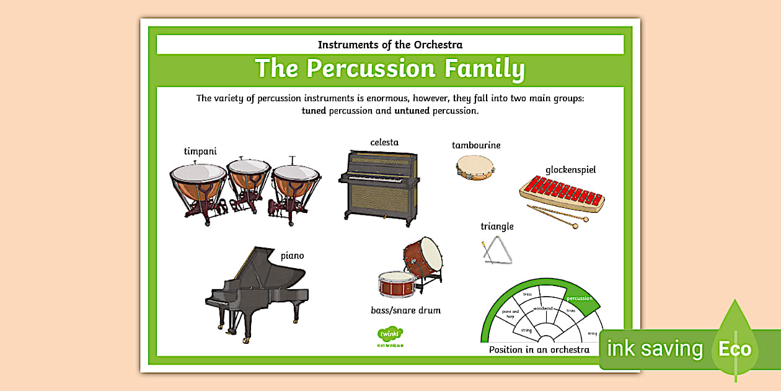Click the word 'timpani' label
(200, 151)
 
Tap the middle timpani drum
(248, 177)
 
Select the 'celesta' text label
(384, 142)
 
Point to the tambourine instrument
(475, 166)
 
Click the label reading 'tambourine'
(476, 145)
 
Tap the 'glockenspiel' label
(570, 169)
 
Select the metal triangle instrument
(498, 251)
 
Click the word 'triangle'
(497, 227)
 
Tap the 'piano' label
(292, 256)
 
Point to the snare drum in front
(397, 283)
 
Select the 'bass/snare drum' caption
(405, 310)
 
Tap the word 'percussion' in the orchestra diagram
(580, 298)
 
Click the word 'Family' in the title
(479, 68)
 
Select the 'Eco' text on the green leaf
(735, 349)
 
